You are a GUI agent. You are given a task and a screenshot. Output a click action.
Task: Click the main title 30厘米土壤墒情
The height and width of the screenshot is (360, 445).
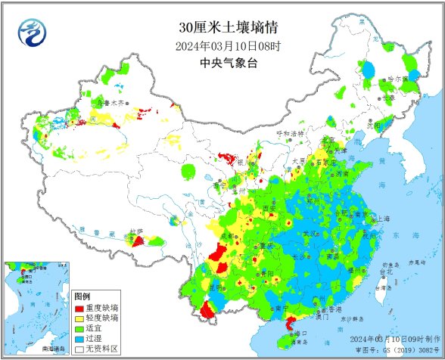pos(228,28)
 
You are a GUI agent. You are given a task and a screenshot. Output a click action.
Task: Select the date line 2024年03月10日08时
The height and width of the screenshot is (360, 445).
pos(228,46)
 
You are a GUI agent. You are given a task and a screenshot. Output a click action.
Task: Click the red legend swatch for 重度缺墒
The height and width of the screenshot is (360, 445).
pos(79,309)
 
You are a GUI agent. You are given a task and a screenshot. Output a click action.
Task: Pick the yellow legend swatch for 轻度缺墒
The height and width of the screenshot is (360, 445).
pos(79,319)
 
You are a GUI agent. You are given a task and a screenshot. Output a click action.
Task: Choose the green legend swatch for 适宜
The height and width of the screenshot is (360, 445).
pos(79,329)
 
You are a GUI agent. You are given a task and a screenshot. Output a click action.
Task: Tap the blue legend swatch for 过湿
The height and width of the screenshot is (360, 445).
pos(79,339)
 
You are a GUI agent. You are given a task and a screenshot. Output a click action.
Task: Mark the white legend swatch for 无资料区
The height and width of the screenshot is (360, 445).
pos(79,349)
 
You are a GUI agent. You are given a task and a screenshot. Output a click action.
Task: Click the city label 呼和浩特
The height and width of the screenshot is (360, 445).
pos(288,133)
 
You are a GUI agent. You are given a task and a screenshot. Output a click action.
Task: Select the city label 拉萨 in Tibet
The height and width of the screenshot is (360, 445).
pos(135,231)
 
